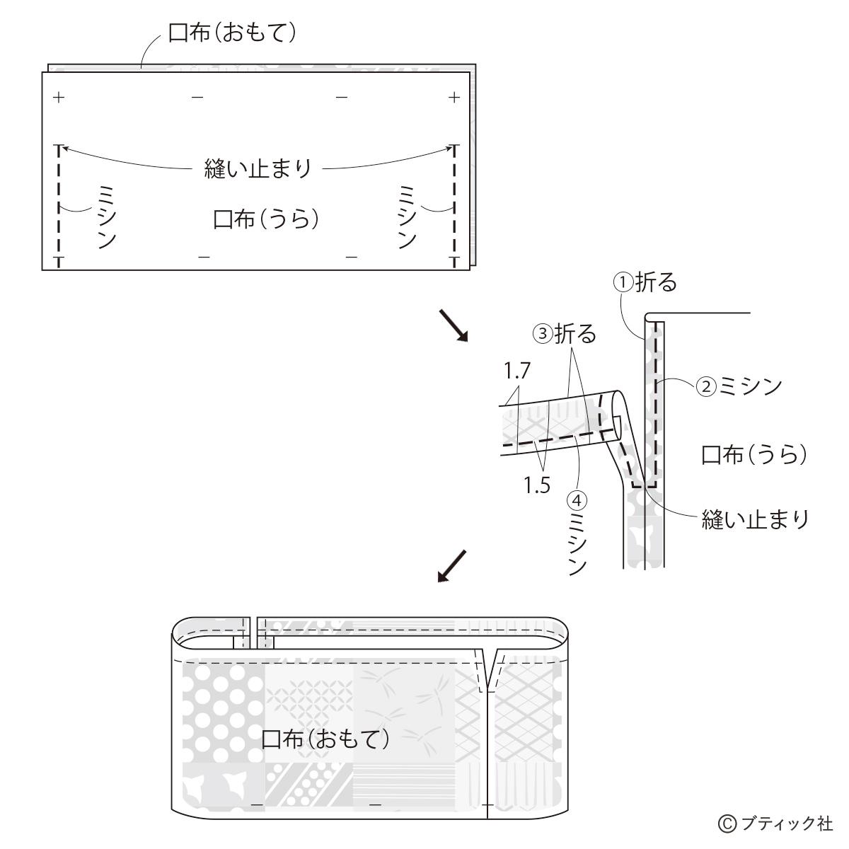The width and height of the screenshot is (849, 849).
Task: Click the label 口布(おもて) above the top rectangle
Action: click(x=232, y=33)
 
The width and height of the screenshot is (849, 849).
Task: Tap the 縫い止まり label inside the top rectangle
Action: click(x=258, y=168)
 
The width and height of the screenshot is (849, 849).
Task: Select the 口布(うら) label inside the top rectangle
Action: click(x=266, y=219)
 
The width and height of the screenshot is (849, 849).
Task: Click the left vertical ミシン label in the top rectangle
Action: click(x=107, y=217)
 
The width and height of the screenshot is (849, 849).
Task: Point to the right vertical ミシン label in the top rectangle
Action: click(x=407, y=217)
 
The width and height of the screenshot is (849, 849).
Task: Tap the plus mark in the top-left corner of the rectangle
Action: click(x=59, y=97)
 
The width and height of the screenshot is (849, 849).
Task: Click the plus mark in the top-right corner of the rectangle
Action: click(x=454, y=97)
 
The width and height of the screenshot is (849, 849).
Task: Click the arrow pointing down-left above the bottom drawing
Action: click(x=451, y=566)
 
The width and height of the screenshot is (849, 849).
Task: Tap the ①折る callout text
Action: click(x=645, y=282)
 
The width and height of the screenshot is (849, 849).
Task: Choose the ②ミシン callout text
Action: click(x=739, y=386)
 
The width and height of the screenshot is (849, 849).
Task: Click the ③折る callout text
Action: click(x=565, y=333)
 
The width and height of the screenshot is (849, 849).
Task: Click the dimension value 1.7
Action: click(x=516, y=371)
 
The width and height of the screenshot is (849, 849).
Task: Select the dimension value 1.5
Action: click(x=537, y=485)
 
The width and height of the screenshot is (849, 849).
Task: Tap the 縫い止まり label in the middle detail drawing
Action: click(x=755, y=519)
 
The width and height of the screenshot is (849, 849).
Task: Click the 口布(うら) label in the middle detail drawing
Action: click(x=753, y=455)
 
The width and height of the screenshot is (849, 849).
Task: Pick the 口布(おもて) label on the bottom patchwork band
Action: click(x=325, y=739)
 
